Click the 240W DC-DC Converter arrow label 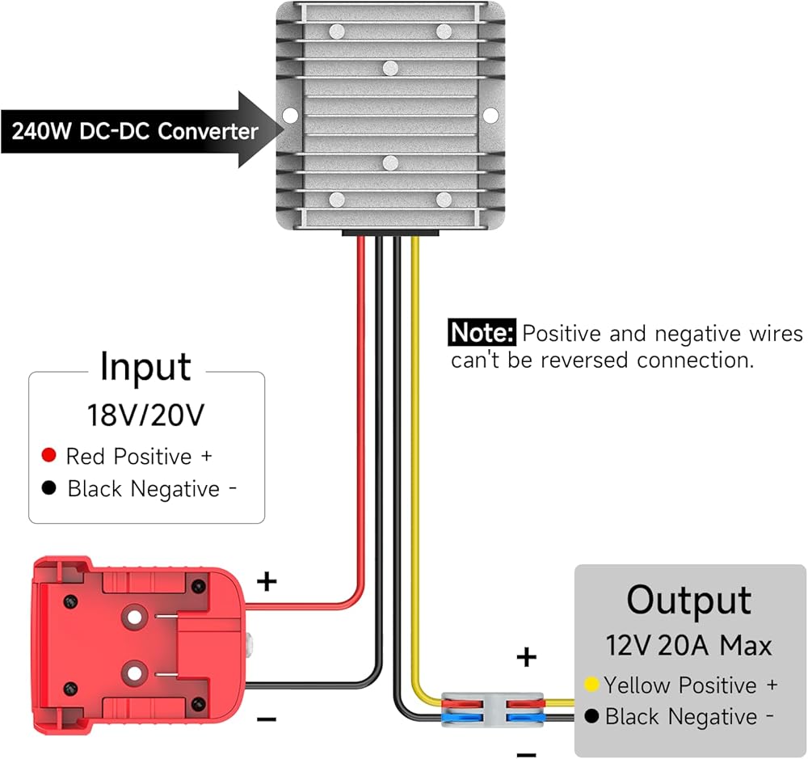pos(133,131)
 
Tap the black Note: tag pos(482,333)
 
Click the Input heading pos(145,368)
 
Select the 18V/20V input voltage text pos(145,415)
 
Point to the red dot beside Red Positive pos(48,456)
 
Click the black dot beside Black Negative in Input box pos(49,488)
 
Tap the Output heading pos(688,601)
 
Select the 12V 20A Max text pos(688,645)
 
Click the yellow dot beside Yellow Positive pos(591,685)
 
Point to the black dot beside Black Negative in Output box pos(591,716)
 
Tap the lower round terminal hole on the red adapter pos(133,670)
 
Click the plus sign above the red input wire pos(266,580)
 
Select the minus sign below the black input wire pos(267,718)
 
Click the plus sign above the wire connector pos(526,657)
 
